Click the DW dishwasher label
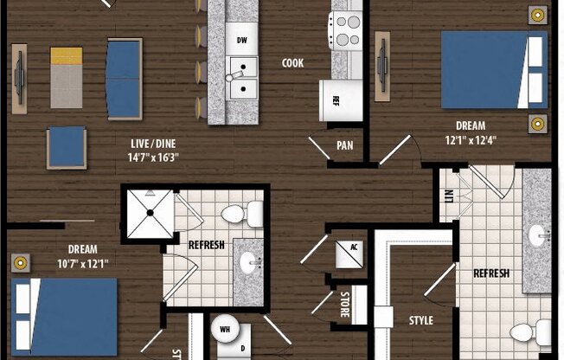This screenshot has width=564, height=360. click(243, 40)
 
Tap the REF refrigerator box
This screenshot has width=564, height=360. click(339, 98)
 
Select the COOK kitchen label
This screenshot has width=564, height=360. click(292, 63)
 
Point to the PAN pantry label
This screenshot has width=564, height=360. click(343, 145)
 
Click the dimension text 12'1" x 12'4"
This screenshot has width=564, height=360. click(471, 140)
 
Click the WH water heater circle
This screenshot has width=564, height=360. click(225, 330)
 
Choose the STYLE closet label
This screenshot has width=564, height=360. click(421, 320)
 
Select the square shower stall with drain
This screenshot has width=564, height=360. click(148, 212)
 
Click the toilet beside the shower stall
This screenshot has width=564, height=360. click(241, 213)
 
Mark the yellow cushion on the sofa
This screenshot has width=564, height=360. click(67, 56)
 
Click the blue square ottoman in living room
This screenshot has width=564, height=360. click(67, 145)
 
